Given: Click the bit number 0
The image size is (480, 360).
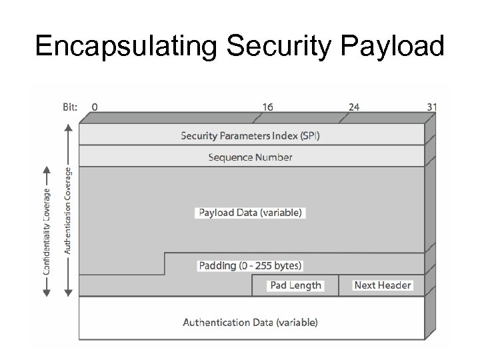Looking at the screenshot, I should click(x=95, y=106).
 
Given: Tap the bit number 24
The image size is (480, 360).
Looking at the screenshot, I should click(x=354, y=106).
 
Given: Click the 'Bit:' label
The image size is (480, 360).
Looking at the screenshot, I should click(x=69, y=106).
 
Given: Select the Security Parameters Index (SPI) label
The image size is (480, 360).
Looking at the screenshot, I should click(x=251, y=135).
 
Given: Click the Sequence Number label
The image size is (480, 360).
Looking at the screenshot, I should click(x=251, y=157).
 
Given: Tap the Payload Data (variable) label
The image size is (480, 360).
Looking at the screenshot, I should click(x=251, y=213).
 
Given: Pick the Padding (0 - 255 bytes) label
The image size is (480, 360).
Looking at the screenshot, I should click(x=251, y=265).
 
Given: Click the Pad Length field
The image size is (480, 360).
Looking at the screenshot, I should click(x=295, y=285).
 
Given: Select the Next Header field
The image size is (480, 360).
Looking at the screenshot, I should click(x=383, y=285).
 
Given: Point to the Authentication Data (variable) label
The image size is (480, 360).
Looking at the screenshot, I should click(x=251, y=323).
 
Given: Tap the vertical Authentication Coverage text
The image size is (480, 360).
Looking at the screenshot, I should click(x=68, y=210).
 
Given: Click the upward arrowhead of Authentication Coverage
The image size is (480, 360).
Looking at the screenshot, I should click(x=68, y=129).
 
